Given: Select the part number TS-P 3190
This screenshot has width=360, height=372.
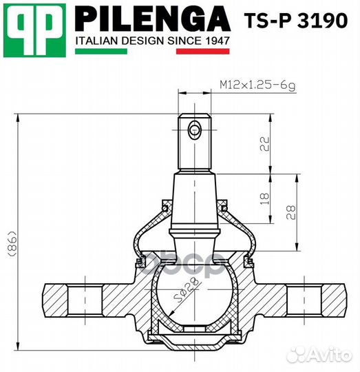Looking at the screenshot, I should point(296,20).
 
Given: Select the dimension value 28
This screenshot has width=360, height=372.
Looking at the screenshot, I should point(293,211).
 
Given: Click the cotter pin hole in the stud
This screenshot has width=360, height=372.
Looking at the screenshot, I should point(195,129).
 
